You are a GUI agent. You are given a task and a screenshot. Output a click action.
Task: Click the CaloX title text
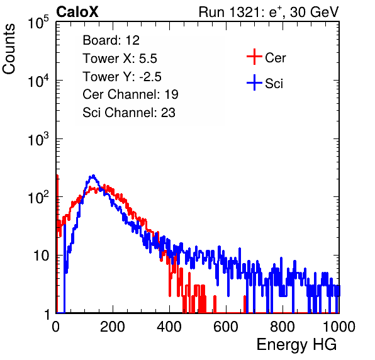pyautogui.click(x=77, y=12)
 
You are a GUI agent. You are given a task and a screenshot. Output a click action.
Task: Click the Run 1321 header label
pyautogui.click(x=269, y=12)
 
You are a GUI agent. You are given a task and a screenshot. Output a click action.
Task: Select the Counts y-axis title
pyautogui.click(x=9, y=49)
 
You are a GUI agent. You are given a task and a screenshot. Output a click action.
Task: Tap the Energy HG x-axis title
pyautogui.click(x=296, y=344)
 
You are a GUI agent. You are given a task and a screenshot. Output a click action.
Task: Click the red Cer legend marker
pyautogui.click(x=254, y=57)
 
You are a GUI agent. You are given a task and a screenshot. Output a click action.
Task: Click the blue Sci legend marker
pyautogui.click(x=254, y=82)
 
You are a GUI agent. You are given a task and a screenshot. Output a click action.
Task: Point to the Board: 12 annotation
pyautogui.click(x=111, y=40)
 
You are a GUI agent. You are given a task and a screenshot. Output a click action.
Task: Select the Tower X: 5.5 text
pyautogui.click(x=120, y=59)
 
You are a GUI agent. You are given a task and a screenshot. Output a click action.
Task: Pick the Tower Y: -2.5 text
pyautogui.click(x=122, y=77)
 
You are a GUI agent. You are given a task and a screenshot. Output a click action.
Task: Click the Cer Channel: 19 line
pyautogui.click(x=130, y=94)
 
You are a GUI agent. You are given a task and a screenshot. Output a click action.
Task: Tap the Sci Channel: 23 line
pyautogui.click(x=129, y=113)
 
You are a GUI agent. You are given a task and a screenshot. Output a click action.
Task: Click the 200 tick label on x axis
pyautogui.click(x=113, y=326)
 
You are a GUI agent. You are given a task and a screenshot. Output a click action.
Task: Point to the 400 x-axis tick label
pyautogui.click(x=169, y=326)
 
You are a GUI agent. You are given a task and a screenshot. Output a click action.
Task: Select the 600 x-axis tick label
pyautogui.click(x=226, y=326)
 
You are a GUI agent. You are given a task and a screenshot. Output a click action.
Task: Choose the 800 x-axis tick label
pyautogui.click(x=283, y=326)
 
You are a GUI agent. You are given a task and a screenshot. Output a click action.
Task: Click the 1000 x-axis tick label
pyautogui.click(x=339, y=326)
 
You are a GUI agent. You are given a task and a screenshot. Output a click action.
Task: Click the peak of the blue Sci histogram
pyautogui.click(x=93, y=176)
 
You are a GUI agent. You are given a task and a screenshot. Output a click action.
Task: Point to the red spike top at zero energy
pyautogui.click(x=57, y=176)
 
